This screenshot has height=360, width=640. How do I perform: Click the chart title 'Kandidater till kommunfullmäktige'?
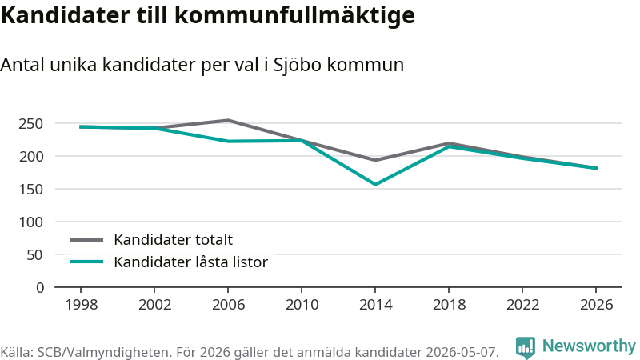click(x=208, y=16)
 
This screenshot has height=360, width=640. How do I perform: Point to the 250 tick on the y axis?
click(x=31, y=124)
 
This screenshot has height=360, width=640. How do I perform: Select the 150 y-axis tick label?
click(x=31, y=190)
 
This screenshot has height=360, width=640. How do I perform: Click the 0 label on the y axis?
click(x=39, y=288)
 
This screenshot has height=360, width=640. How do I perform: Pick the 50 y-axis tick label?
click(x=35, y=255)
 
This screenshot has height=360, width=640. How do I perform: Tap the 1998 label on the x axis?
click(x=82, y=305)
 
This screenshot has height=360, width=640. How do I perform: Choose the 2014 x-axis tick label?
click(x=375, y=305)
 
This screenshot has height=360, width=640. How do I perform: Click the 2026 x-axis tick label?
click(x=596, y=305)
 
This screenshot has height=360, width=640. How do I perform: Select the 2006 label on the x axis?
click(x=228, y=305)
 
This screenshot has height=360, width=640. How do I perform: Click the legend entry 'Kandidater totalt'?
click(x=173, y=240)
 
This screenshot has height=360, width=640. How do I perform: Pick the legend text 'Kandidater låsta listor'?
click(x=190, y=262)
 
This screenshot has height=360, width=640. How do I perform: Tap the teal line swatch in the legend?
click(x=87, y=262)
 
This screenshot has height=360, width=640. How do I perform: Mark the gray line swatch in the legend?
click(x=87, y=240)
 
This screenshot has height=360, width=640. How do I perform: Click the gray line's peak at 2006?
click(x=228, y=121)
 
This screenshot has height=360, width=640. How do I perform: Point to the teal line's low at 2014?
click(x=375, y=185)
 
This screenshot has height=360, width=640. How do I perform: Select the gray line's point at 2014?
click(x=375, y=160)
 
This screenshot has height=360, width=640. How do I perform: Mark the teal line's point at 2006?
click(x=228, y=142)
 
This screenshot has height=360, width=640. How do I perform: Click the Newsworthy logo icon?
click(x=526, y=347)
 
